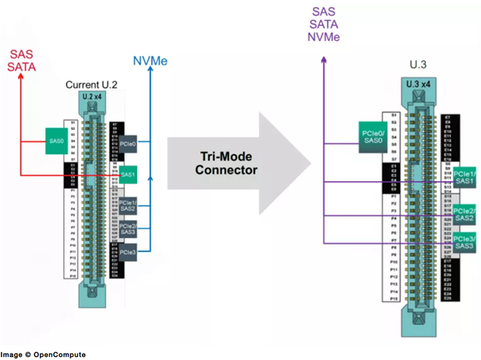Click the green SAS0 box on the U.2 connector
[x=56, y=140]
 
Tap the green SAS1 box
[x=128, y=175]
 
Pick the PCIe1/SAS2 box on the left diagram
[x=128, y=206]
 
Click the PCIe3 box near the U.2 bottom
[x=128, y=253]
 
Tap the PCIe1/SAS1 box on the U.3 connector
[x=463, y=178]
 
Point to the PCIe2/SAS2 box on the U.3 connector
[x=463, y=214]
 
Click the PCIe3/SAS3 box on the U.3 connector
[x=463, y=242]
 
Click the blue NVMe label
[x=151, y=61]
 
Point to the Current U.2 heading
[x=93, y=85]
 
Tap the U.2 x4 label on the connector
[x=93, y=98]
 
